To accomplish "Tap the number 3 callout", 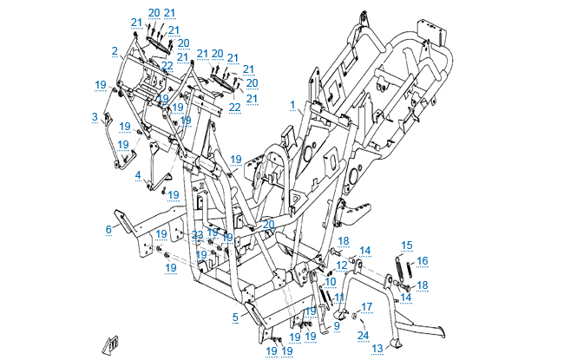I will coord(95,116).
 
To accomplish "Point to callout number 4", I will coord(137,175).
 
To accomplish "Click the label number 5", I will coord(234,317).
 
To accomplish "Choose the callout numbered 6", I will coord(108,230).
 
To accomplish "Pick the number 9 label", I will coord(336,326).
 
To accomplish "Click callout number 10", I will coord(331,281).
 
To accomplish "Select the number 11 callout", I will coord(339,297).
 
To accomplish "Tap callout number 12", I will coord(342,265).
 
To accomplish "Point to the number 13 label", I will coord(377,349).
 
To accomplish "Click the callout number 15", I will coord(407,245).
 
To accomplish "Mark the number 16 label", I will coord(423,260).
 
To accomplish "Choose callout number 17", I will coord(366,307).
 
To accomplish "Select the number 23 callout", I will coord(197,235).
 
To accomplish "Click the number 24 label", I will coord(363,336).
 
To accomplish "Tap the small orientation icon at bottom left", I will coord(108,344).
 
